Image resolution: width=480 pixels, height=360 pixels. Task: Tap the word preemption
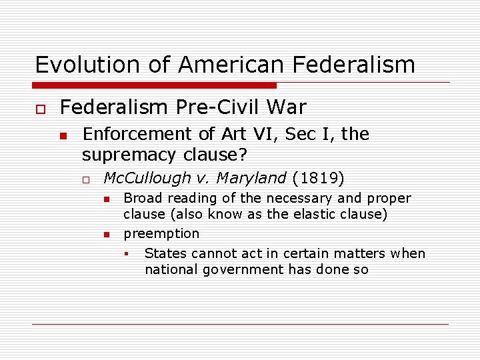161,233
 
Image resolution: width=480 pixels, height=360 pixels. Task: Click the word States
163,253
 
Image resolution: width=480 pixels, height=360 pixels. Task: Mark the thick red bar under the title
155,85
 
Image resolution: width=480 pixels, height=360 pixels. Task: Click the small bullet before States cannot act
126,254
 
